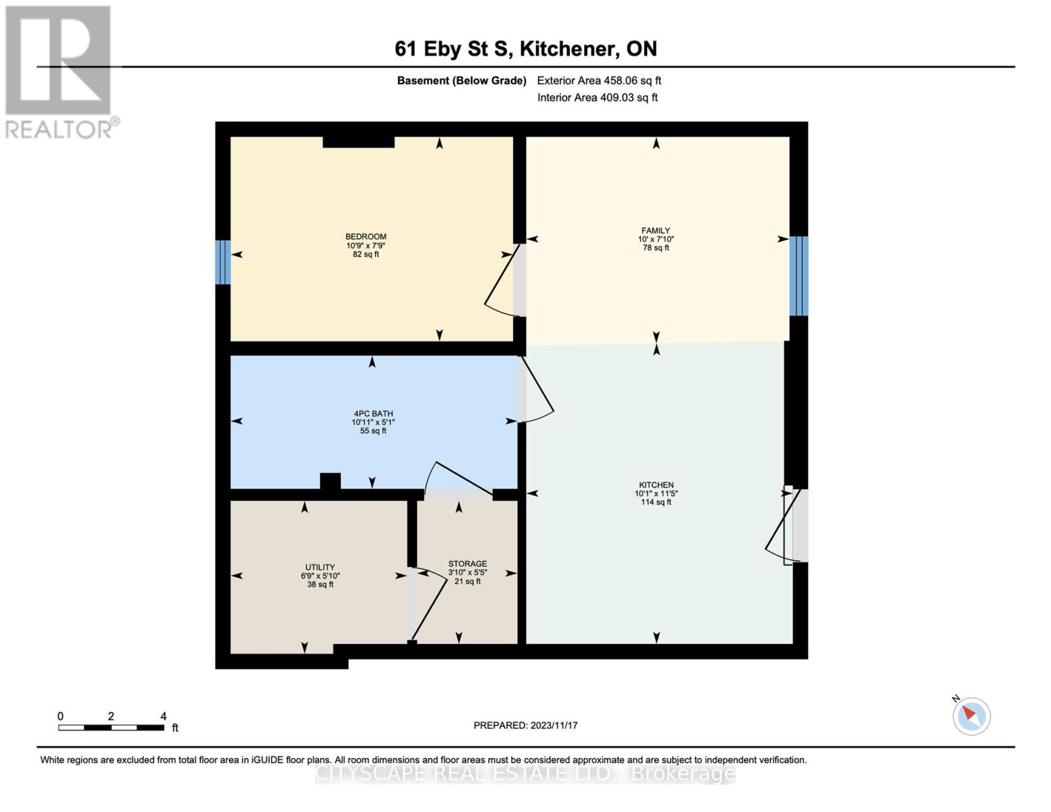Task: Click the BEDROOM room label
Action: (365, 237)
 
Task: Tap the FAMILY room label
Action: (656, 231)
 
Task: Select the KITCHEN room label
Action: (656, 485)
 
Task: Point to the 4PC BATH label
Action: (373, 413)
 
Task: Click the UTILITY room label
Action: (320, 567)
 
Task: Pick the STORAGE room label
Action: (467, 564)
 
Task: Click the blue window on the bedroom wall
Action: (223, 262)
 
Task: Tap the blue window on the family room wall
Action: (799, 275)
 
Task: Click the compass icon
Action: (971, 715)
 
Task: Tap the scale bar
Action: (111, 727)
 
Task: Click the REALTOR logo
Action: (60, 71)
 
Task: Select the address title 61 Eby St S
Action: (526, 49)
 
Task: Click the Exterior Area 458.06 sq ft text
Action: (599, 81)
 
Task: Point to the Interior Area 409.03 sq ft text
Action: (598, 97)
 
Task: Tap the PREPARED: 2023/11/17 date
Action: (525, 725)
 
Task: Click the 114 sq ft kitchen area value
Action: (656, 502)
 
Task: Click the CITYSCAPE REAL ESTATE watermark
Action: (525, 773)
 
